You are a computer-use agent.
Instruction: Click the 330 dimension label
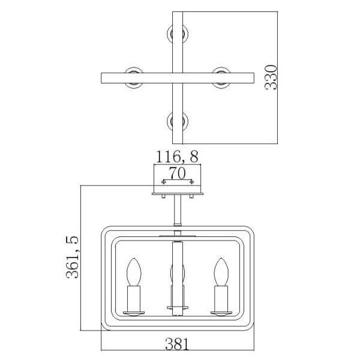click(271, 77)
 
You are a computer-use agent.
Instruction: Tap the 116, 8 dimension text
click(177, 157)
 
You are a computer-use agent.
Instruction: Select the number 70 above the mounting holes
click(177, 173)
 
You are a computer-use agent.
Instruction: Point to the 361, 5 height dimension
click(72, 257)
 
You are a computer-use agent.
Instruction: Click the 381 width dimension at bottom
click(177, 344)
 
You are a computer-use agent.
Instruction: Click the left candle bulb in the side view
click(134, 272)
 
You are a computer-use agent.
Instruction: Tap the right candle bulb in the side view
click(221, 272)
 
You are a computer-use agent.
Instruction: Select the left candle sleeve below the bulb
click(134, 299)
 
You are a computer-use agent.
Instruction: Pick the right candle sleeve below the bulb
click(221, 299)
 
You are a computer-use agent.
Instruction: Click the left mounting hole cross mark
click(163, 182)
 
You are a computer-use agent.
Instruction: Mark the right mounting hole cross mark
click(191, 182)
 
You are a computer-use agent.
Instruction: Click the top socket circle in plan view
click(178, 34)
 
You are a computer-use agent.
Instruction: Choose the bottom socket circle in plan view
click(178, 121)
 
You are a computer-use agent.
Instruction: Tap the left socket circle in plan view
click(134, 78)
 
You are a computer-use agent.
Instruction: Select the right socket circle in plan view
click(221, 78)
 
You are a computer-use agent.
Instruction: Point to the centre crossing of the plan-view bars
click(178, 78)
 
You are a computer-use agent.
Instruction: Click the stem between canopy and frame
click(178, 210)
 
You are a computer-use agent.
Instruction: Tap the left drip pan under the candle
click(134, 313)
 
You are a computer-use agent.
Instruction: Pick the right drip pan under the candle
click(221, 313)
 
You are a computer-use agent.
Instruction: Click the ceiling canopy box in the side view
click(177, 179)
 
